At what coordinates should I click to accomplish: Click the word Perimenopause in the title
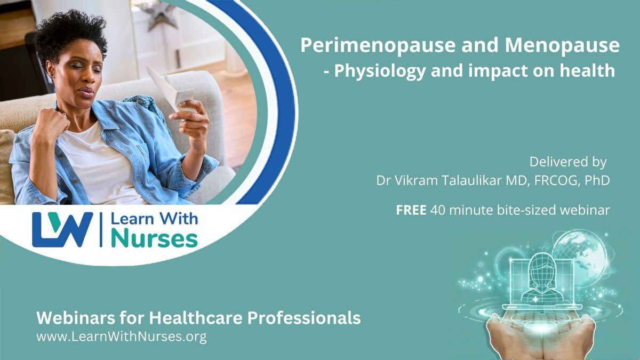[x=378, y=46]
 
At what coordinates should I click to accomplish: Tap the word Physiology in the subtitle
[x=380, y=71]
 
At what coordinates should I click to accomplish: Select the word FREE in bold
[x=411, y=210]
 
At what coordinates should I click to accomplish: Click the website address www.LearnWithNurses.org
[x=122, y=337]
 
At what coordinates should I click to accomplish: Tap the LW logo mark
[x=62, y=229]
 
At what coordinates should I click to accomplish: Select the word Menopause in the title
[x=562, y=46]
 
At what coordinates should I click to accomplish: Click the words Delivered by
[x=568, y=162]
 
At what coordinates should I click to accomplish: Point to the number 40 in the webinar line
[x=438, y=211]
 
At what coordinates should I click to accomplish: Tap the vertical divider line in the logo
[x=101, y=229]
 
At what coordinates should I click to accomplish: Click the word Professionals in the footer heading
[x=304, y=318]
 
